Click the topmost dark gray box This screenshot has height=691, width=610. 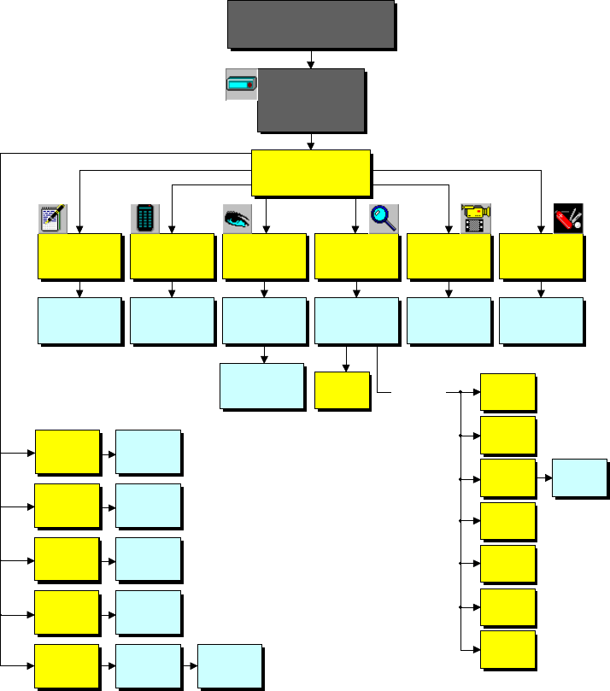tap(310, 24)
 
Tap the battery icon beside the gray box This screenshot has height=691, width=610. tap(241, 85)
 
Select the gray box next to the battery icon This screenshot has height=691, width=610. tap(311, 100)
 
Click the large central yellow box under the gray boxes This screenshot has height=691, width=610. tap(311, 172)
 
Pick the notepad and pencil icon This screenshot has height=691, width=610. tap(53, 219)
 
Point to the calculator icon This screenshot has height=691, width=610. tap(145, 219)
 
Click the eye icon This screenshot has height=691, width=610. tap(237, 219)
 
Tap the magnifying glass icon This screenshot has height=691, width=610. tap(384, 219)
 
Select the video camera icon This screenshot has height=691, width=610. tap(475, 219)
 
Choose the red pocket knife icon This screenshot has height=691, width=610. tap(568, 219)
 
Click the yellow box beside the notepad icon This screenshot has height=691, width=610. tap(79, 256)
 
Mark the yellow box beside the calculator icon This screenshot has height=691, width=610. tap(172, 256)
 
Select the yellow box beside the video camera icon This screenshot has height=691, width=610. tap(449, 256)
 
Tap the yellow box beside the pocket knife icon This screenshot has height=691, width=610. tap(541, 256)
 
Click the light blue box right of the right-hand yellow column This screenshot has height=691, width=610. tap(579, 478)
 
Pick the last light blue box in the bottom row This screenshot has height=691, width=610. tap(229, 666)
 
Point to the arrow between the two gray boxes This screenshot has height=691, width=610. tap(311, 59)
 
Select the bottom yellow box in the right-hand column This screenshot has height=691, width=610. tap(508, 650)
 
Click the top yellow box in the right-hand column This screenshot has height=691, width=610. tap(508, 392)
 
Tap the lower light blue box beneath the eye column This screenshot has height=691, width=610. tap(261, 386)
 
